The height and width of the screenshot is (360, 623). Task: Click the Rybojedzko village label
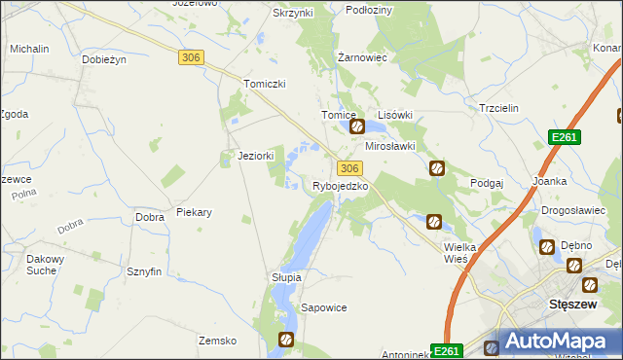(340, 186)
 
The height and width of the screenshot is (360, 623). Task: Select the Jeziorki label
(256, 156)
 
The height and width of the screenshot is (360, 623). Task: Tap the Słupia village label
(287, 277)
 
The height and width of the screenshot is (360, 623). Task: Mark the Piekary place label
(195, 211)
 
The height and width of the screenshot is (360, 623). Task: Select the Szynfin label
(143, 272)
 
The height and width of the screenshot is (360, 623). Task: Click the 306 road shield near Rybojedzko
(351, 168)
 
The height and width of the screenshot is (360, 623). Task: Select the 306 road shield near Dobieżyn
(191, 58)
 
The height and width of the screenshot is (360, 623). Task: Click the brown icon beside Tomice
(357, 126)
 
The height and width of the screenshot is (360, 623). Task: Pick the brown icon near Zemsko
(286, 340)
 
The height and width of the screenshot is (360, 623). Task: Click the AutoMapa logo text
(567, 342)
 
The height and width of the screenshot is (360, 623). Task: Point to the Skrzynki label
(293, 13)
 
